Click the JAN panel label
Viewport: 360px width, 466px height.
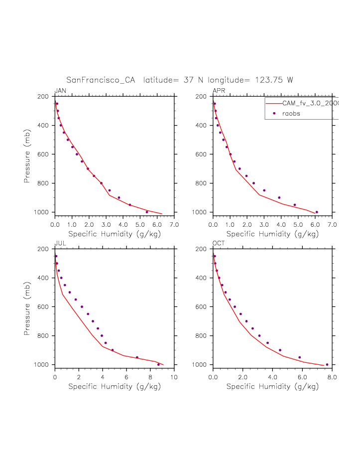point(60,91)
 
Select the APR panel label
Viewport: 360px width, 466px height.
point(219,91)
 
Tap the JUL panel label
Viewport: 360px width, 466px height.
point(60,243)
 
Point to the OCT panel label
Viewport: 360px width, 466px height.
point(219,243)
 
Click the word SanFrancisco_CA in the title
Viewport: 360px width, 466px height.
point(101,80)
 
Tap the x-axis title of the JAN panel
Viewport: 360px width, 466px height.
point(115,233)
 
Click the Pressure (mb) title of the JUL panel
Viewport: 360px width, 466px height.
point(28,307)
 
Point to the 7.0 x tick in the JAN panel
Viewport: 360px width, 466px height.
point(174,225)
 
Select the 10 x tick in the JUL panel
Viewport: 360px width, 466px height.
point(174,377)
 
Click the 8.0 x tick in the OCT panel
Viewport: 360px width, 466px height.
point(332,377)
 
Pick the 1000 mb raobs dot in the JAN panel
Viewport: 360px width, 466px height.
point(147,212)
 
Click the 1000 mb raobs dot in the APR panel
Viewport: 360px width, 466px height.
point(317,212)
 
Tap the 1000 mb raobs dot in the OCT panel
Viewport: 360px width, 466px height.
point(327,364)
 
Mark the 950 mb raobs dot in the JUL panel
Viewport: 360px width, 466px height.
point(137,357)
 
